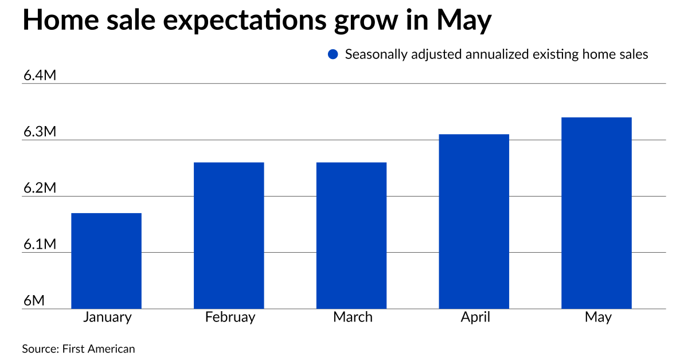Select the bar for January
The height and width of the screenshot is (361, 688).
click(106, 261)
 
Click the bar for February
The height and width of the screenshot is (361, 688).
click(229, 236)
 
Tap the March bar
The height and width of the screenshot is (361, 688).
click(351, 236)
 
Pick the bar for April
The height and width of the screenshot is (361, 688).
click(474, 221)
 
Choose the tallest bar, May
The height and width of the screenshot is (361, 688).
click(596, 213)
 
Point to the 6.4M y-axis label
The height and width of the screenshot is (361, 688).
click(40, 76)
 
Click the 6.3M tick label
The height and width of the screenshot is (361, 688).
click(40, 132)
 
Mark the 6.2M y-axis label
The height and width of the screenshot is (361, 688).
click(40, 189)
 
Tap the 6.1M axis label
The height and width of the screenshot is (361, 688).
click(40, 245)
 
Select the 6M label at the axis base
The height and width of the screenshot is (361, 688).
click(34, 301)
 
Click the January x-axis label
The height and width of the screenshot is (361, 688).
click(107, 317)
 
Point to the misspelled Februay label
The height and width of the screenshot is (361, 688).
click(230, 317)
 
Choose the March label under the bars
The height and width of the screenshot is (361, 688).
click(353, 317)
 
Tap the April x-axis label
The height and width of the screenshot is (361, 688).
click(475, 317)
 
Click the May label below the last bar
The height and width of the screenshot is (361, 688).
click(598, 317)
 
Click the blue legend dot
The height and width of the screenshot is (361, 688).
click(333, 55)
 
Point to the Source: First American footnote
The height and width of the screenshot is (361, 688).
click(79, 348)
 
